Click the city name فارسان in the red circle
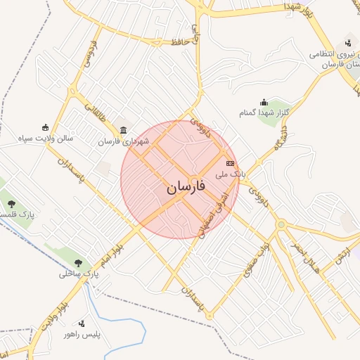click(x=186, y=188)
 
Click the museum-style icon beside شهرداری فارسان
click(x=124, y=130)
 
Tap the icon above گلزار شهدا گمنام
click(x=264, y=102)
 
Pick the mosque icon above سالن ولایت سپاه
click(x=46, y=127)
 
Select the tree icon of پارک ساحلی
click(x=78, y=263)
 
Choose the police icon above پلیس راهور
click(x=82, y=323)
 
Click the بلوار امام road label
click(x=112, y=250)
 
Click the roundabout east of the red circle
click(x=281, y=224)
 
